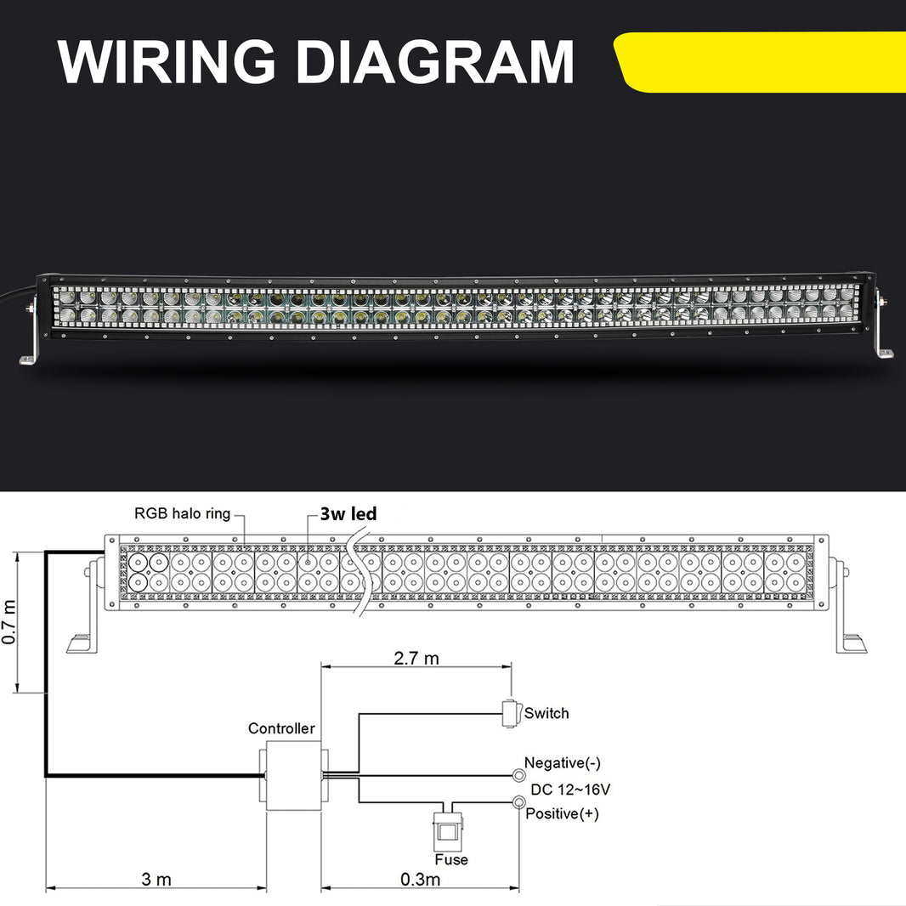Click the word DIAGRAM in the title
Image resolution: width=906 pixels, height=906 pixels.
click(x=434, y=60)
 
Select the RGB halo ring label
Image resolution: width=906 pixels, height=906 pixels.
click(x=182, y=513)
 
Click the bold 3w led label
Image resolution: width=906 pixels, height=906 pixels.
click(x=348, y=514)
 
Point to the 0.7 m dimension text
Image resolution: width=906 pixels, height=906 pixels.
click(x=9, y=621)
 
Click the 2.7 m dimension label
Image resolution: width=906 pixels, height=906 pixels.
click(x=416, y=658)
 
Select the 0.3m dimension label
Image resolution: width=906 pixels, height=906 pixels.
click(x=420, y=879)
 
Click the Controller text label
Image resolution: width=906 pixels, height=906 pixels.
click(x=281, y=728)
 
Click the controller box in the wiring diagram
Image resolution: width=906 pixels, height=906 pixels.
click(x=294, y=775)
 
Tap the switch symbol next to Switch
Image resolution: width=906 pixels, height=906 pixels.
click(x=509, y=713)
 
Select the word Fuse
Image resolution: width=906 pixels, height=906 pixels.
click(x=450, y=859)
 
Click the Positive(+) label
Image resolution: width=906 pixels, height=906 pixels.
click(x=562, y=814)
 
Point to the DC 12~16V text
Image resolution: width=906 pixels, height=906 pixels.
click(x=570, y=789)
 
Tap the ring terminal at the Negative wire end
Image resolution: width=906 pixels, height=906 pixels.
click(x=518, y=775)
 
